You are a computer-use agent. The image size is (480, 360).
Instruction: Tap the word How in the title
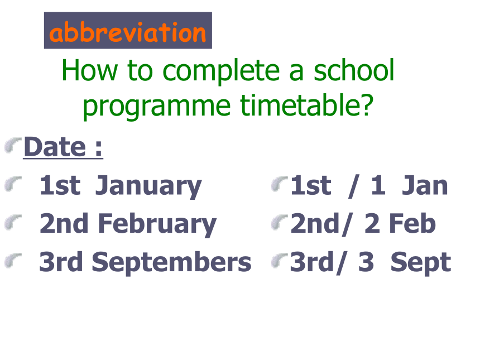point(89,71)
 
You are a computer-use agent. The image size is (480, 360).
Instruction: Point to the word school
point(354,70)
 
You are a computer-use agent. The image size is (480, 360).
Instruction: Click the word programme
point(156,107)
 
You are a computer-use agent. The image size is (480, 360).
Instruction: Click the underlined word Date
point(55,147)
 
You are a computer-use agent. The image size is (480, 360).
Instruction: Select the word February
point(157,224)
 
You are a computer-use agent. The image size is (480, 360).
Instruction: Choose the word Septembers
point(171,263)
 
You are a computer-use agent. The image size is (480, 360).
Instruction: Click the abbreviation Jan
point(425,185)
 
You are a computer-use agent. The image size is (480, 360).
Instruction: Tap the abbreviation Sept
point(421,263)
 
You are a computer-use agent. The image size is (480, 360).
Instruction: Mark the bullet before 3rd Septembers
point(13,261)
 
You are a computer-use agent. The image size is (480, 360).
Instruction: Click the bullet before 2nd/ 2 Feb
point(280,222)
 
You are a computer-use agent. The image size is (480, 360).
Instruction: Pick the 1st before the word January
point(60,185)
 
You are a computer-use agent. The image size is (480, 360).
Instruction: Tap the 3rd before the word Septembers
point(61,262)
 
